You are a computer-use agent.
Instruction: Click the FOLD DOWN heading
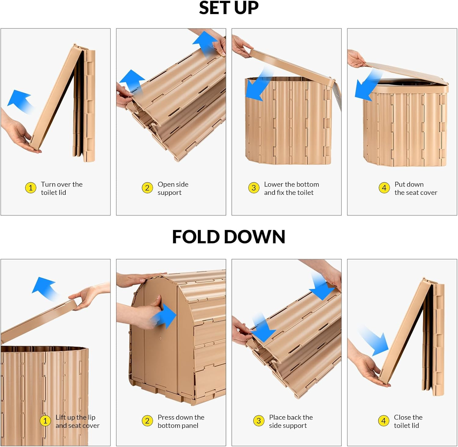(229, 237)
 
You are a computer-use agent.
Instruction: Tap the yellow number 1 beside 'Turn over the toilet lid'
(31, 188)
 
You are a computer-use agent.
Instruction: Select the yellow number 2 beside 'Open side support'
(147, 188)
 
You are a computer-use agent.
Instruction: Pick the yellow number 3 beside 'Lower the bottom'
(254, 188)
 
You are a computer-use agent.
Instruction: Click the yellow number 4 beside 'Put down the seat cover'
(384, 188)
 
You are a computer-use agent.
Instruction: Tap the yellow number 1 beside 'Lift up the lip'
(45, 421)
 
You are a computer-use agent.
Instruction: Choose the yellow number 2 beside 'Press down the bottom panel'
(147, 421)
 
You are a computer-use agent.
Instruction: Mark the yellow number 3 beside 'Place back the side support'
(259, 421)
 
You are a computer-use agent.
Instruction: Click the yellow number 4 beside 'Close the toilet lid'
(383, 421)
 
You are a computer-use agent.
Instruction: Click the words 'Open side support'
(173, 188)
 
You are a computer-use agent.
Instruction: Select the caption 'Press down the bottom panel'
(181, 421)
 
